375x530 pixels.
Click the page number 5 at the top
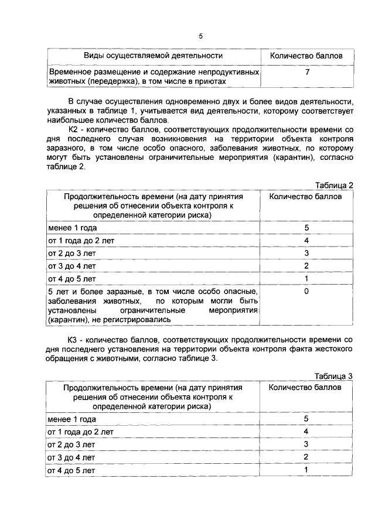pos(200,36)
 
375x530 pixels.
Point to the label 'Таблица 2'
pos(334,186)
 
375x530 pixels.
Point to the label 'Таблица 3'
pos(334,376)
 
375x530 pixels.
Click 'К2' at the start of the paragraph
pos(74,129)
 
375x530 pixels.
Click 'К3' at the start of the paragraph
pos(74,340)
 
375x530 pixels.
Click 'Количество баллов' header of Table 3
pos(305,387)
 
